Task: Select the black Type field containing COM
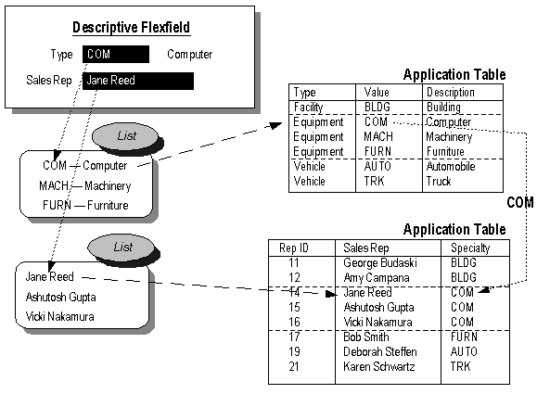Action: click(x=115, y=55)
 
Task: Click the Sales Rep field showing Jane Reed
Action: click(x=137, y=81)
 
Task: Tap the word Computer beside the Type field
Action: click(x=189, y=55)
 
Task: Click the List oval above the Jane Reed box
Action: click(x=122, y=248)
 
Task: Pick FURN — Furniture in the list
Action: click(x=85, y=204)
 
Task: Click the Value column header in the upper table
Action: click(x=377, y=93)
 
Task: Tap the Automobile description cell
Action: click(x=451, y=167)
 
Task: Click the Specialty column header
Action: click(x=470, y=248)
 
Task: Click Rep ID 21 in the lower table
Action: click(x=294, y=367)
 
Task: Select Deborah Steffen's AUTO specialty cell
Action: click(x=463, y=352)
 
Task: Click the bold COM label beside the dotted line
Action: click(x=519, y=202)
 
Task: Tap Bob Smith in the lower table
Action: click(x=366, y=337)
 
